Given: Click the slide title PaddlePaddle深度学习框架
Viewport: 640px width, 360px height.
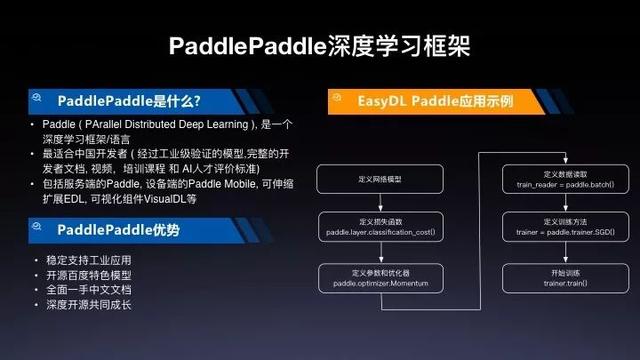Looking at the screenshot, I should [319, 46].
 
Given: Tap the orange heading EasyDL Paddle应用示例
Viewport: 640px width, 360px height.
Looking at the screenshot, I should [435, 101].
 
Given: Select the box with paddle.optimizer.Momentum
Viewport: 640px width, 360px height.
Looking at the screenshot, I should [379, 279].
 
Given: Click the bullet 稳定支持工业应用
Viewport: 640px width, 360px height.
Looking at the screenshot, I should [80, 260].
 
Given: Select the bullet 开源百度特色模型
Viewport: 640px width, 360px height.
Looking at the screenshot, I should [80, 274].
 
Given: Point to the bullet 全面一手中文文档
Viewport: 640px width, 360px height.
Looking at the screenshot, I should [80, 288].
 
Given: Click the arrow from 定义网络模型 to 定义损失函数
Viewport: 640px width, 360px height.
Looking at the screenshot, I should [379, 204].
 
